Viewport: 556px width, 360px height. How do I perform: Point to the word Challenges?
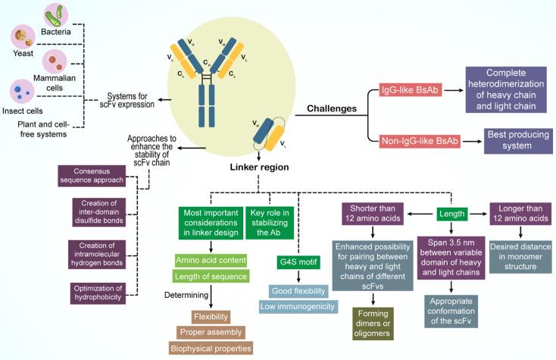333,109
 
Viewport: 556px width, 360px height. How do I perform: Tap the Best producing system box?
515,140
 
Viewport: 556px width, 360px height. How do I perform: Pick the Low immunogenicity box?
298,305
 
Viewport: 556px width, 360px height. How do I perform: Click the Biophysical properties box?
211,348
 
